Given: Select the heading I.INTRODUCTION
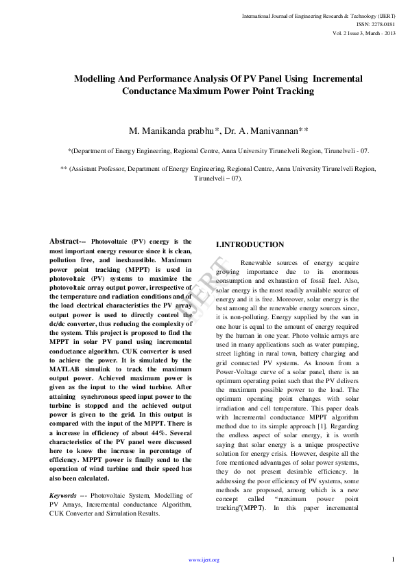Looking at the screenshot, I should [x=250, y=244].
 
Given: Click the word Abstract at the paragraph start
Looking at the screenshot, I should [x=67, y=242].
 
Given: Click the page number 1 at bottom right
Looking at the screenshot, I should [x=393, y=560].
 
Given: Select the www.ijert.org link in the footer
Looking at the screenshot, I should [x=204, y=560].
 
